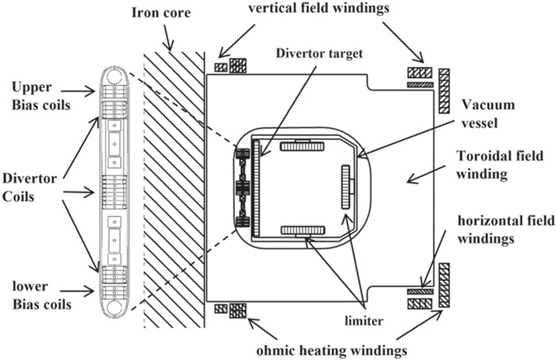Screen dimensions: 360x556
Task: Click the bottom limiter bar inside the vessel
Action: [303, 230]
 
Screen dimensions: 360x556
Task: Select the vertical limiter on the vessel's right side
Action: [346, 188]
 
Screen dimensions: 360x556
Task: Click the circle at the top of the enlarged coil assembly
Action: [114, 78]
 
